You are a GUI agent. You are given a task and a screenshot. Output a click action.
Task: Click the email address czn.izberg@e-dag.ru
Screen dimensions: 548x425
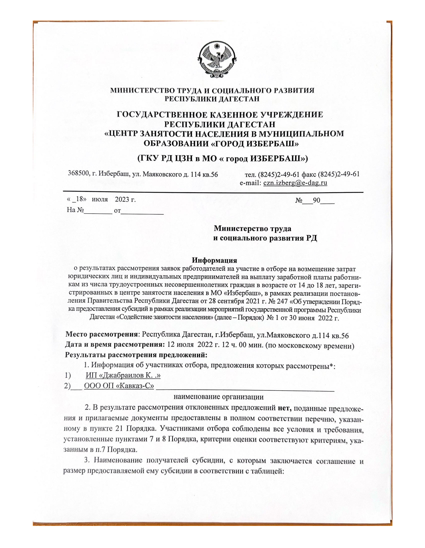(x=295, y=183)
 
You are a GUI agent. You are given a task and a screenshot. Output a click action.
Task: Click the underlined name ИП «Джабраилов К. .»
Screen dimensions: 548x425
(x=123, y=375)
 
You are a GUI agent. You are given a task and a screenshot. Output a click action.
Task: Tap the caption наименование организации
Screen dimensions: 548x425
(x=218, y=397)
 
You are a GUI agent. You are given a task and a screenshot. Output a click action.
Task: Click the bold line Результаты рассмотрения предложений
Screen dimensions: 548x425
(x=136, y=355)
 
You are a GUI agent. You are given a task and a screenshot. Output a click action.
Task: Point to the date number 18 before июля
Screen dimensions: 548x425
(x=79, y=199)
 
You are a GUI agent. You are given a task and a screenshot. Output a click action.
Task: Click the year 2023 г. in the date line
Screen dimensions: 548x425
(x=125, y=200)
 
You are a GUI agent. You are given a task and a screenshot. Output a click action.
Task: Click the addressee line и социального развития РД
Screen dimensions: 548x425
(x=265, y=238)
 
